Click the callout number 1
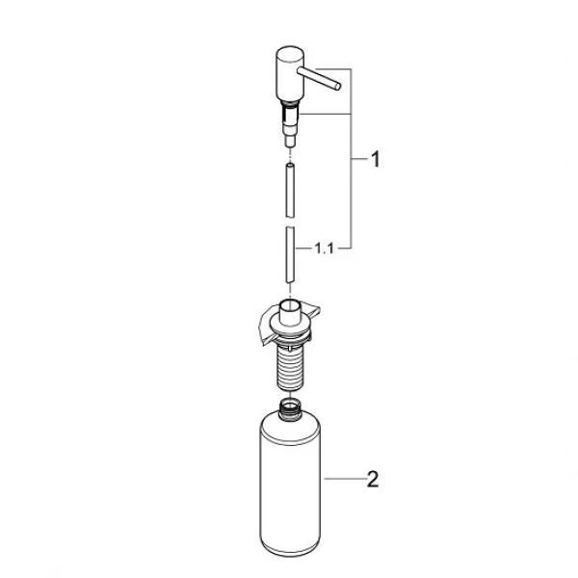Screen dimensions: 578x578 (x=375, y=159)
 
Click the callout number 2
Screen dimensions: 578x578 (x=373, y=479)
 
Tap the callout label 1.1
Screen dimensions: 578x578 (x=325, y=249)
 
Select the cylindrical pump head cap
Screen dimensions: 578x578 (x=289, y=74)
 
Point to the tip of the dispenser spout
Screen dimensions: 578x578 (x=338, y=87)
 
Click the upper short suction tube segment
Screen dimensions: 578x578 (x=290, y=190)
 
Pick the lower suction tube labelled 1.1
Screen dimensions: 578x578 (x=290, y=254)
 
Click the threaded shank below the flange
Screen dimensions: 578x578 (x=290, y=369)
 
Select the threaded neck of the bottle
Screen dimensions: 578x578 (x=290, y=409)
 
